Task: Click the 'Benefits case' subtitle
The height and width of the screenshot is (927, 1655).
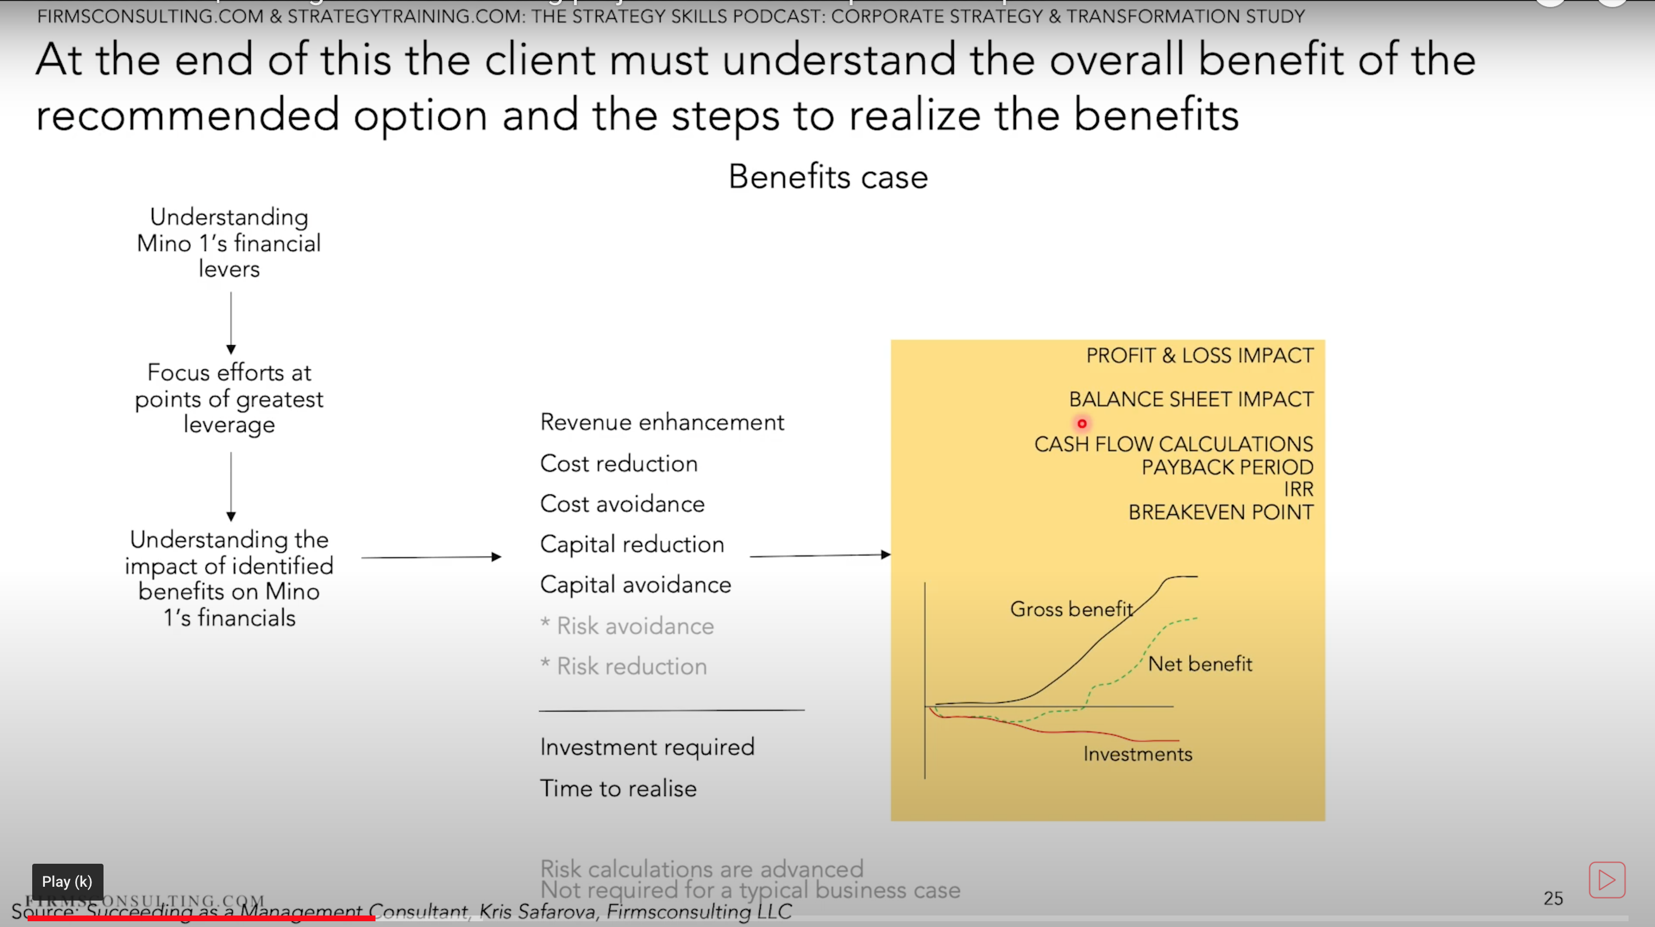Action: click(x=827, y=177)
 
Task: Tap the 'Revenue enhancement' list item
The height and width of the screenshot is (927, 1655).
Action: click(x=662, y=422)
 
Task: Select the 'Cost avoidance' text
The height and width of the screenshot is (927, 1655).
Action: click(x=622, y=504)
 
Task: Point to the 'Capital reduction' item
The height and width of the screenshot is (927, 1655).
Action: click(x=631, y=544)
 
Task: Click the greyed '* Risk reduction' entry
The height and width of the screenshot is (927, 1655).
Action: click(x=631, y=666)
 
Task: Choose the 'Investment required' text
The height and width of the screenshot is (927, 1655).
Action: click(x=647, y=747)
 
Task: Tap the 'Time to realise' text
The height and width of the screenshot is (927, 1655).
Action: click(x=618, y=788)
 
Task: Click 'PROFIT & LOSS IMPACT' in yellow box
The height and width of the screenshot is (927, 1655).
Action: click(x=1199, y=355)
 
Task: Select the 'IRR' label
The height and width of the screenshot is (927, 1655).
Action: click(x=1298, y=489)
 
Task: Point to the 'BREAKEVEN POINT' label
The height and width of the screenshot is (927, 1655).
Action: click(x=1220, y=512)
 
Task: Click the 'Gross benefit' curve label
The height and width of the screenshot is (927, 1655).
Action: click(x=1070, y=608)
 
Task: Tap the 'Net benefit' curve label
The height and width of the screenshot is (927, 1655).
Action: click(x=1200, y=664)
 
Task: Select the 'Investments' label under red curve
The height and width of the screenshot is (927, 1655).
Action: click(x=1137, y=753)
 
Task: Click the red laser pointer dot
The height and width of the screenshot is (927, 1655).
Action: click(x=1082, y=423)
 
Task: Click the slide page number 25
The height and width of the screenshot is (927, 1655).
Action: click(x=1553, y=898)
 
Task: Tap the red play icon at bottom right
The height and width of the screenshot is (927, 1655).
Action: click(x=1606, y=879)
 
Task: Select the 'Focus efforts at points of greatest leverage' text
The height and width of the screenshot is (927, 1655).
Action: click(x=229, y=399)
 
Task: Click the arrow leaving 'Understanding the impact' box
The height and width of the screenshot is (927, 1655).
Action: click(x=431, y=557)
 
